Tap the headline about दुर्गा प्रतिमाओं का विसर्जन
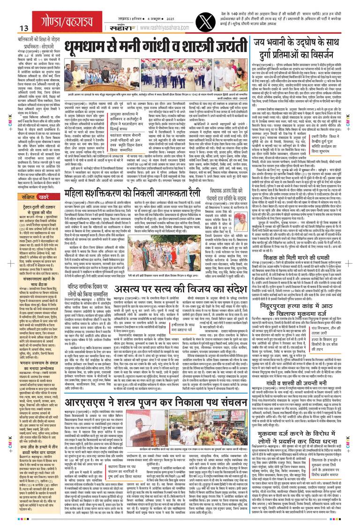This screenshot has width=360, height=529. click(x=300, y=46)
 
